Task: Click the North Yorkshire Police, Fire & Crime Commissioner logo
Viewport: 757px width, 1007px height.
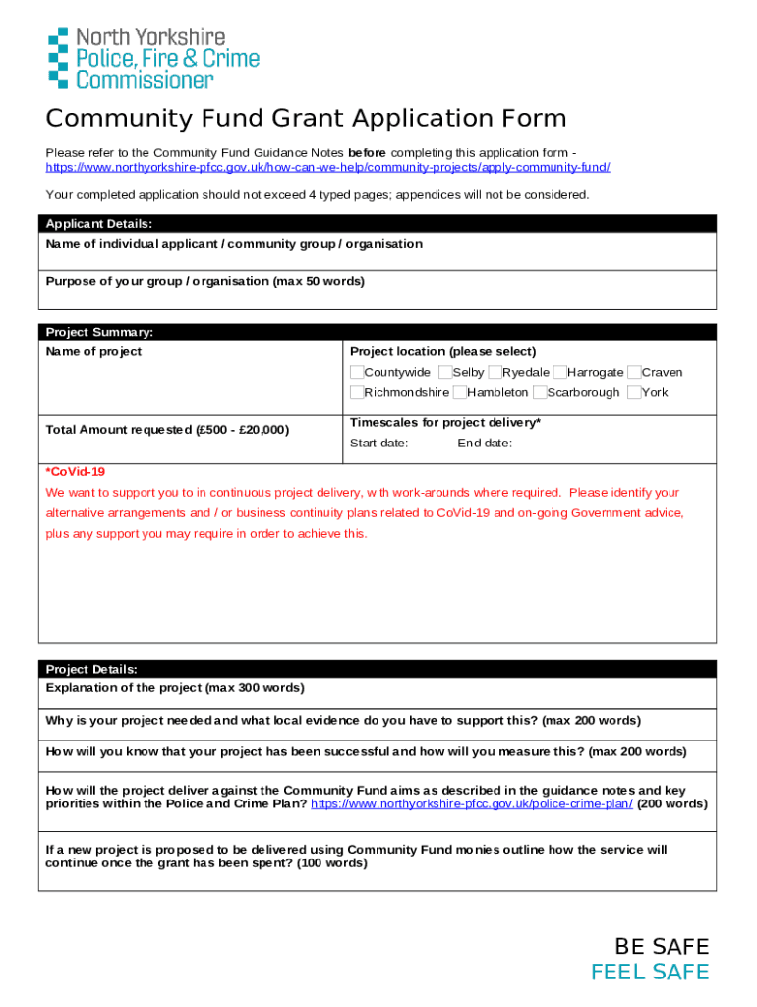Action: [153, 58]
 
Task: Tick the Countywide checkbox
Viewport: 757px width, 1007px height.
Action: [357, 372]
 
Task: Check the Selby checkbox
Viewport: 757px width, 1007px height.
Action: [445, 372]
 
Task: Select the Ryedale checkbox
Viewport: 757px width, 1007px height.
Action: [495, 372]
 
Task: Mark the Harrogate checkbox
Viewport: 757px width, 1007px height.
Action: [559, 372]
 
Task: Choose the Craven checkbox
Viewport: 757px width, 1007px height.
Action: [634, 372]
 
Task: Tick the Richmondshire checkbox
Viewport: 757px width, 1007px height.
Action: [357, 392]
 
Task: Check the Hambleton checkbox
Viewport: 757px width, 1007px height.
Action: [460, 392]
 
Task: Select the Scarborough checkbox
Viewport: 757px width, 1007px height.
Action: [539, 392]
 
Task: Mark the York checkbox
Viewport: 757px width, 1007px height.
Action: [634, 392]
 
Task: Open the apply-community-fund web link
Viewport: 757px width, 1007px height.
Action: [327, 167]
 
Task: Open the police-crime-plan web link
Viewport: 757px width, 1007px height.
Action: [472, 803]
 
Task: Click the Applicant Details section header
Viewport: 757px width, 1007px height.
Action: [98, 223]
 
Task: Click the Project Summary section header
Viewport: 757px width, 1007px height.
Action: [99, 332]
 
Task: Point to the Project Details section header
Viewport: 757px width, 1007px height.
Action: [91, 669]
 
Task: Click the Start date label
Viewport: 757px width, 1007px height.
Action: [378, 444]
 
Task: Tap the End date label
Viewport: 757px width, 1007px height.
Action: [485, 444]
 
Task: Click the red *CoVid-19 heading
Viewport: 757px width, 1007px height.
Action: [75, 472]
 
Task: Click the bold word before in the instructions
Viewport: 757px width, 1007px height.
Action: [367, 152]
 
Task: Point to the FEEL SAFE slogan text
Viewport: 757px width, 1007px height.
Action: [649, 973]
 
